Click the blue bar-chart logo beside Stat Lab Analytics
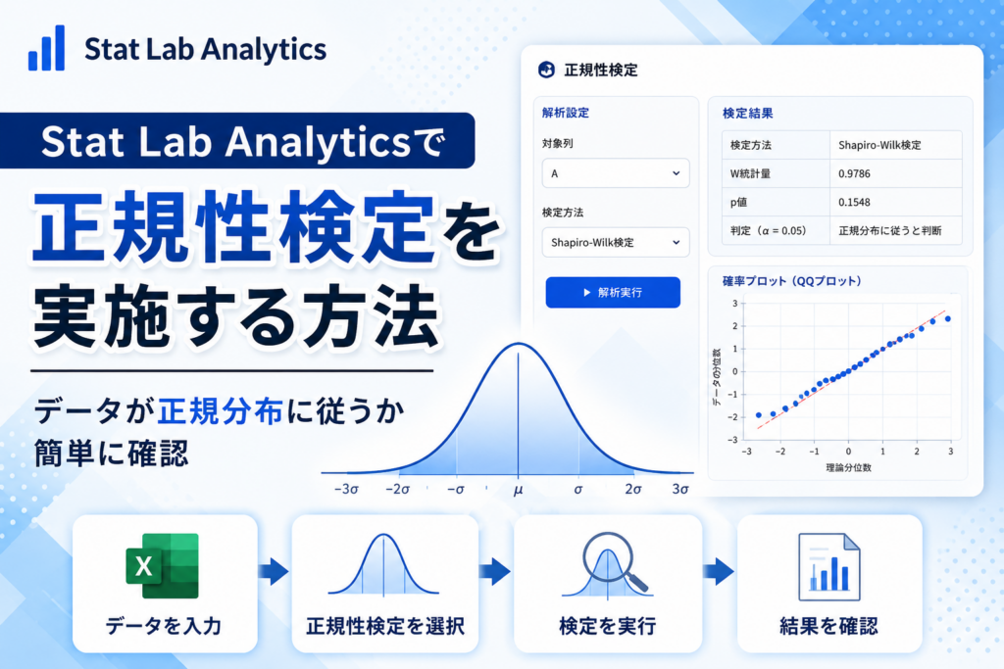(46, 48)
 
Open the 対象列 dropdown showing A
(616, 173)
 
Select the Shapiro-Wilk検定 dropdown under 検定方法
(616, 242)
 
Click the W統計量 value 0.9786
(854, 173)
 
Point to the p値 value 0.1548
(854, 202)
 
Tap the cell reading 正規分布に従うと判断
(890, 231)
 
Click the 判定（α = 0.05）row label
(769, 231)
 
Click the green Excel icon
(163, 566)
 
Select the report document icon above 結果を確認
(829, 567)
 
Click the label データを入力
(164, 626)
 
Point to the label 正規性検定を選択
(385, 626)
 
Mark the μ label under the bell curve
(518, 490)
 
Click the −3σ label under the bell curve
(346, 490)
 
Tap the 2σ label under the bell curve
(633, 490)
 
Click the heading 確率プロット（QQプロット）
(792, 281)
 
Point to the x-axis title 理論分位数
(848, 467)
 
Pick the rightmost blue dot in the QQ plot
(948, 318)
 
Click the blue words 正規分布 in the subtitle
(221, 411)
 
